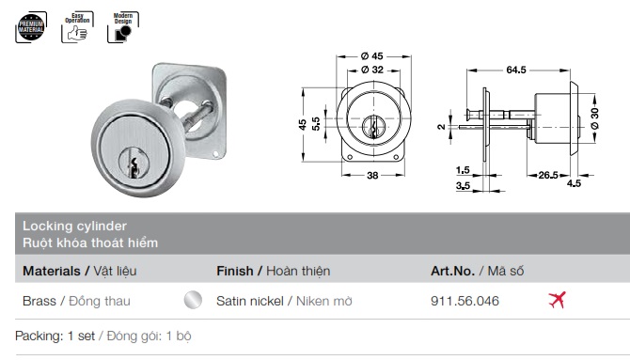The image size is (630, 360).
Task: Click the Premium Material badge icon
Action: click(31, 27)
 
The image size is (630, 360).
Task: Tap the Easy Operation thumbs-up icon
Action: click(77, 27)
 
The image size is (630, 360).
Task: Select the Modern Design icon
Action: click(123, 27)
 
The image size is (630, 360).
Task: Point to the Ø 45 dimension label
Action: click(372, 56)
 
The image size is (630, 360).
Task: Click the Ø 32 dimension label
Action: click(372, 70)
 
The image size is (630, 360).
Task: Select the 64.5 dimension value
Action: click(516, 70)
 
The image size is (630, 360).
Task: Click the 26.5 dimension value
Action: click(548, 175)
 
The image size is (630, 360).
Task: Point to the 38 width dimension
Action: click(372, 176)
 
